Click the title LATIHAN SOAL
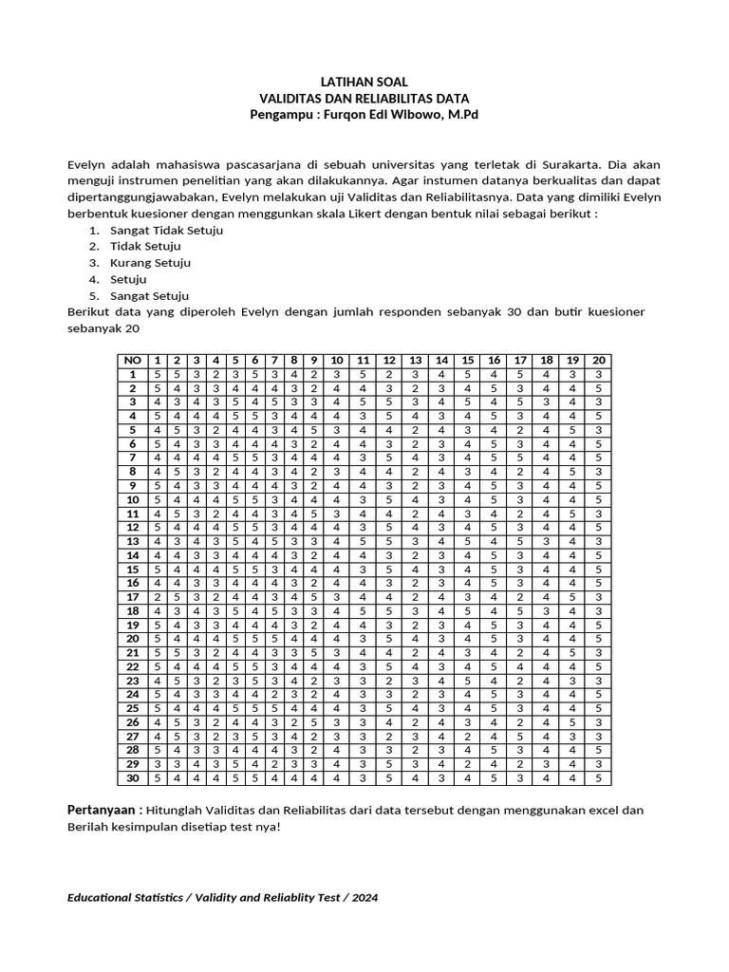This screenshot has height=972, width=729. point(364,83)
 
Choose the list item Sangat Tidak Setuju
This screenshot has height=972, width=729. point(167,231)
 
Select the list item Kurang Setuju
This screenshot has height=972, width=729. point(150,263)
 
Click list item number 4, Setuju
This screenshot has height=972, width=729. point(128,279)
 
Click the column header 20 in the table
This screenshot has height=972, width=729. point(598,361)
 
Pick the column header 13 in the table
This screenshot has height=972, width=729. point(415,361)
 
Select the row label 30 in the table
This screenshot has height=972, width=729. point(132,778)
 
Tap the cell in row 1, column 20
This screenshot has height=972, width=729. point(598,375)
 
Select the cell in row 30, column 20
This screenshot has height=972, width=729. point(598,778)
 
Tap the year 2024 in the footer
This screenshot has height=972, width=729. point(364,897)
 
